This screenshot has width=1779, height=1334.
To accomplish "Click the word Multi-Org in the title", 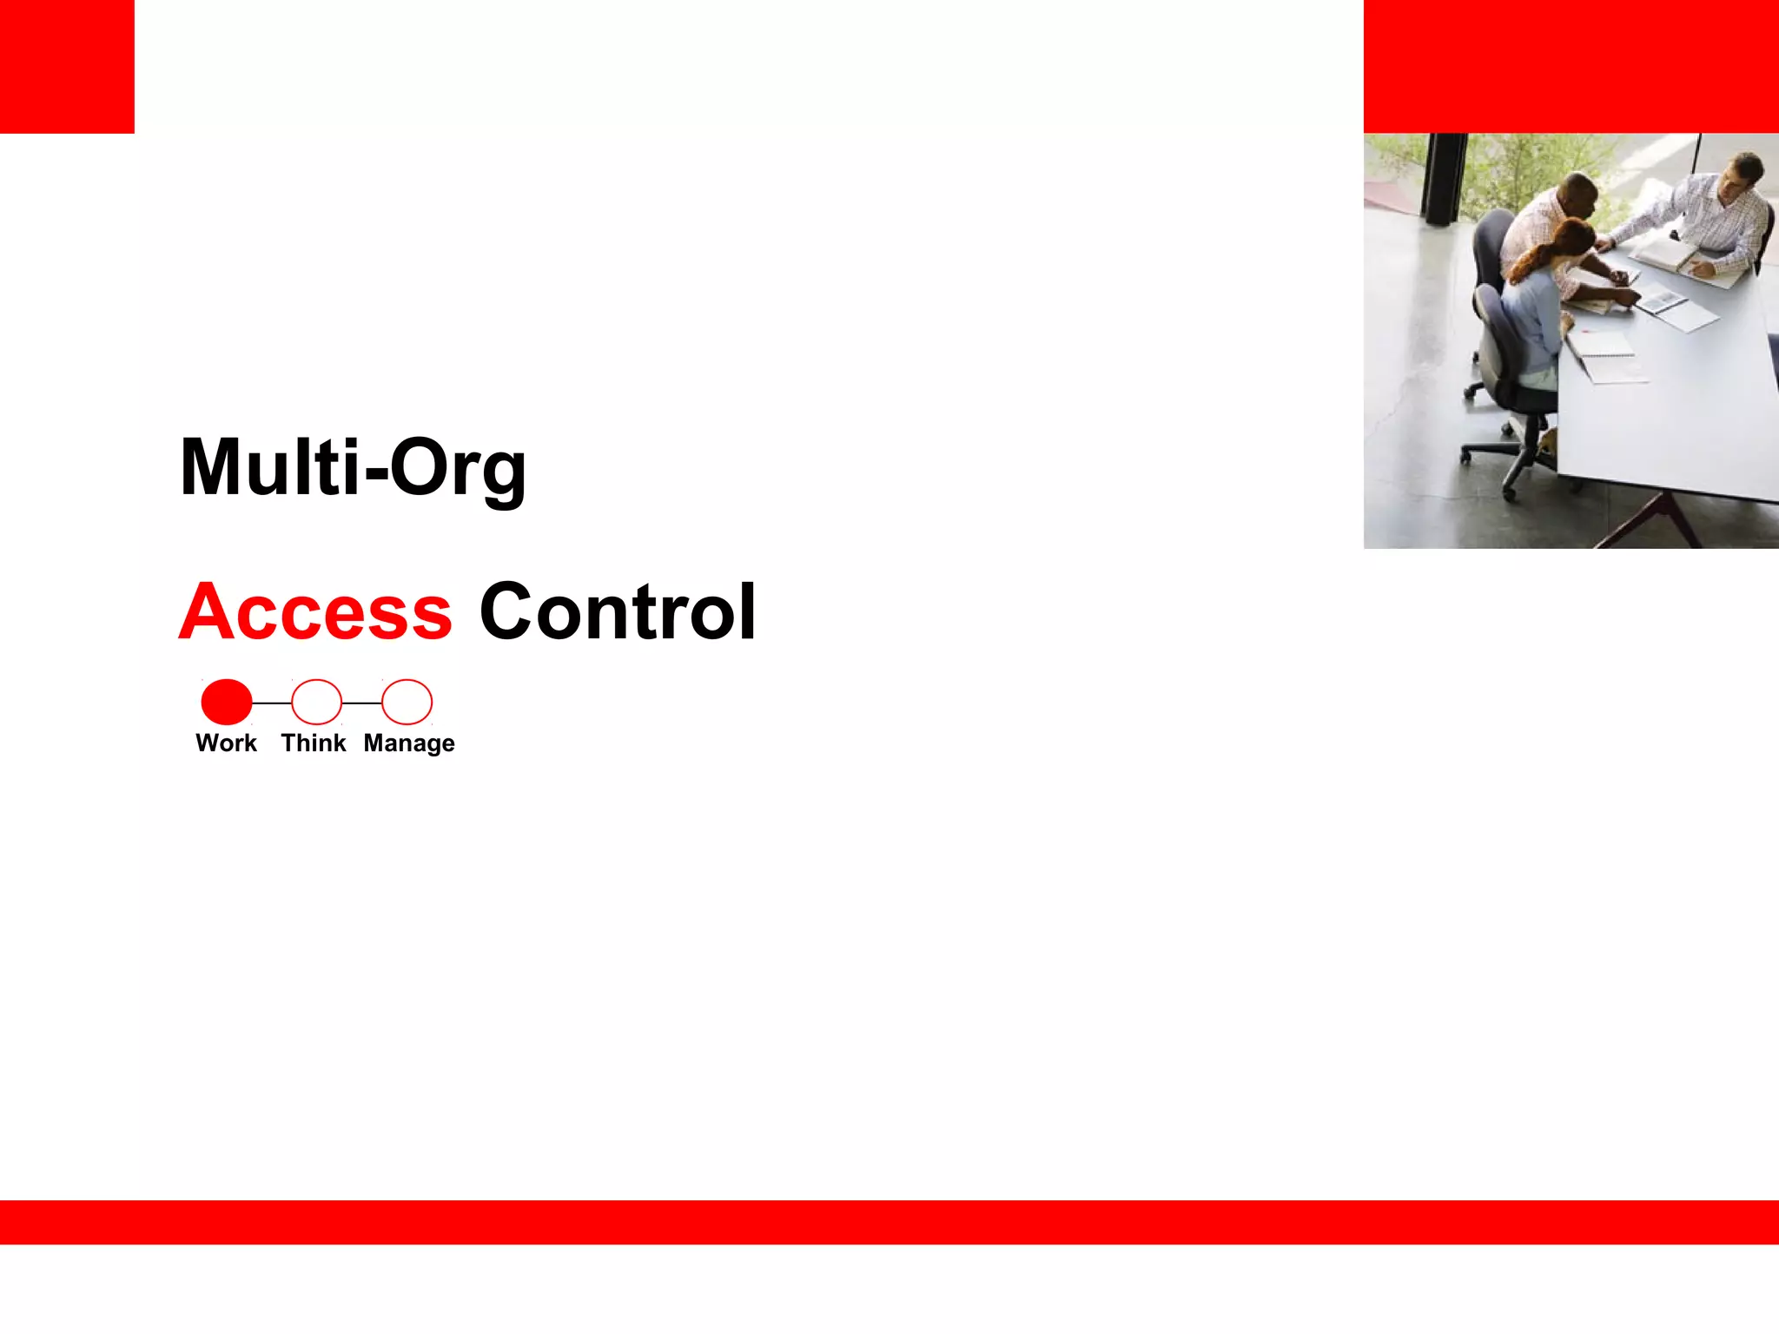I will coord(352,469).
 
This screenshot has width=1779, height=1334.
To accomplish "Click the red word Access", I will coord(315,612).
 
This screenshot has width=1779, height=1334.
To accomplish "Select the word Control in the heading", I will coord(618,612).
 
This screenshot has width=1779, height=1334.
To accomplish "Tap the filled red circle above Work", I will coord(227,702).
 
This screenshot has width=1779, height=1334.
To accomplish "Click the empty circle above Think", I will coord(316,702).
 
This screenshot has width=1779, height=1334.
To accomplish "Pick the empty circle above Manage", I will coord(407,702).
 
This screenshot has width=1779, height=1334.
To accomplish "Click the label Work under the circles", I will coord(226,743).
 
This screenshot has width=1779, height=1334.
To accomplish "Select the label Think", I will coord(313,743).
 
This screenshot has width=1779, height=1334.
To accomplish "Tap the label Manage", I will coord(409,744).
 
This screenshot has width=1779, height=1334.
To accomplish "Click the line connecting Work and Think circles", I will coord(272,703).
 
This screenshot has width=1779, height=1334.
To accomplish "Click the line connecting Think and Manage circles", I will coord(361,703).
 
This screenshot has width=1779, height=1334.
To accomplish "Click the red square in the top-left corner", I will coord(67,66).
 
